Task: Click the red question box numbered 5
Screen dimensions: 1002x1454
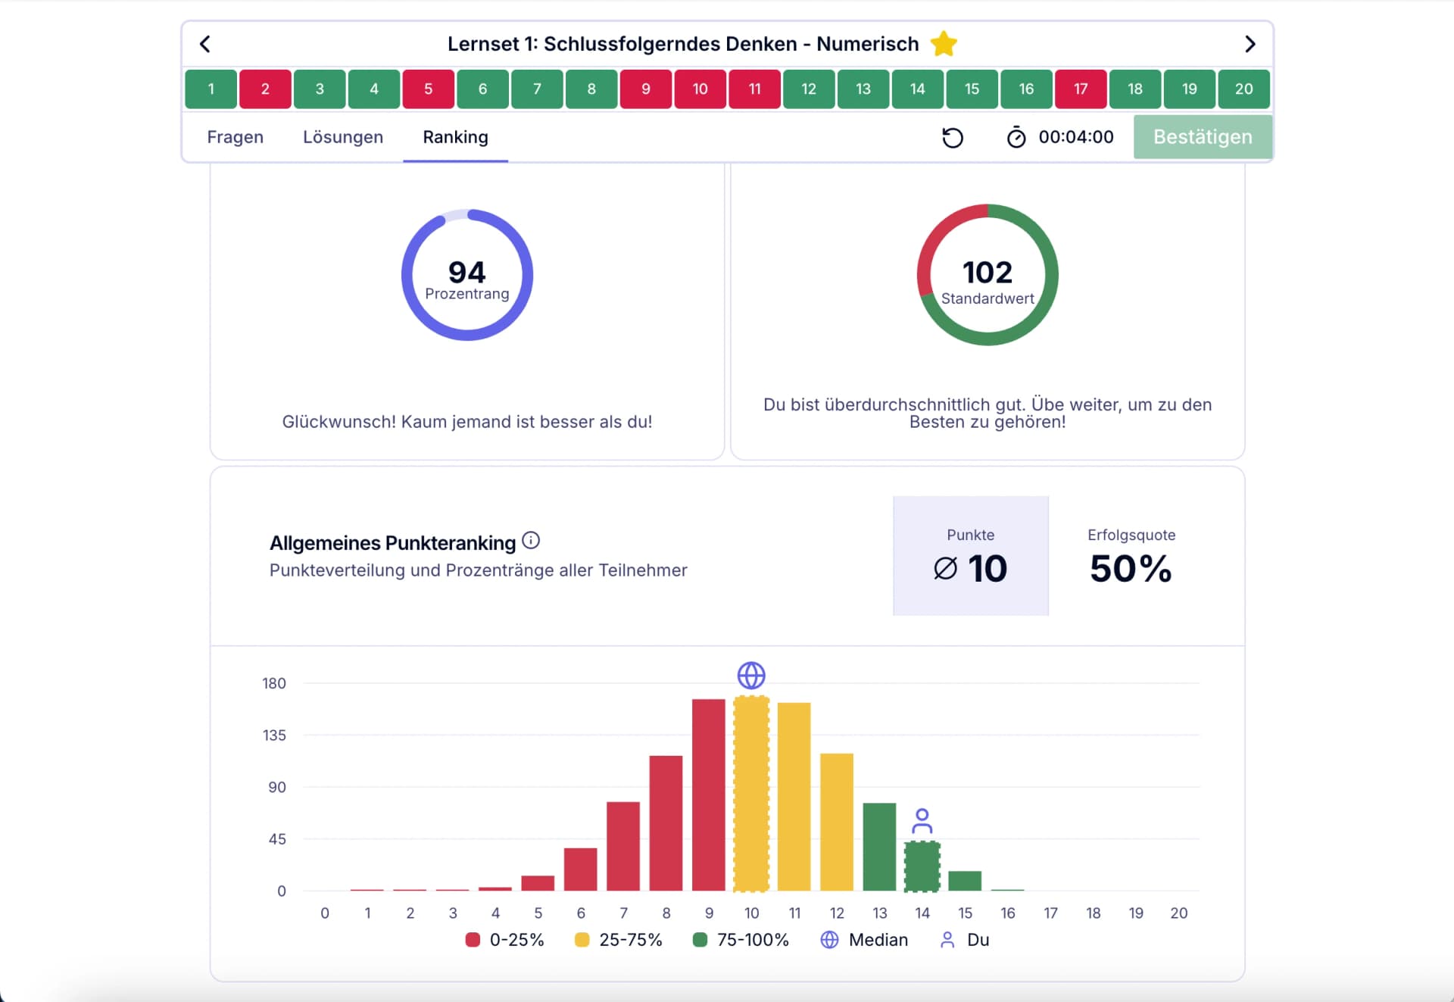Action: (428, 89)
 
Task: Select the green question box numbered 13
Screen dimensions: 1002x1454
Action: (863, 89)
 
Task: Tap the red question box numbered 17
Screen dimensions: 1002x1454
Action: (1080, 89)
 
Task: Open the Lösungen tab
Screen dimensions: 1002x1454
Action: (342, 137)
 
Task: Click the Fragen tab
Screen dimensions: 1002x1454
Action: (235, 137)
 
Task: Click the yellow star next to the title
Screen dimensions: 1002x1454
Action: (944, 44)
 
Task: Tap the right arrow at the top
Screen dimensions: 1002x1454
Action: (1250, 44)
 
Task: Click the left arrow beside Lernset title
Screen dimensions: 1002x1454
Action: (205, 44)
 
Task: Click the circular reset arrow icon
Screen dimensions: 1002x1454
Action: (952, 137)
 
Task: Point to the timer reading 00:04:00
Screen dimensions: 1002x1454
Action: (1075, 137)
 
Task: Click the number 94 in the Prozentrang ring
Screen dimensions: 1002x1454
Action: (466, 271)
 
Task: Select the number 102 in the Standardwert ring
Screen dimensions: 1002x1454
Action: (987, 272)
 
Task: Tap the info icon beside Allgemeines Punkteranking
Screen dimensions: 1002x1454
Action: (531, 540)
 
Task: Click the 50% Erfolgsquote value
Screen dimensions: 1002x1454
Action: (1130, 568)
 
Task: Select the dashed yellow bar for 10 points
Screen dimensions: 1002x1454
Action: (751, 793)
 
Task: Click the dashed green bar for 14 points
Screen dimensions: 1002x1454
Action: (922, 866)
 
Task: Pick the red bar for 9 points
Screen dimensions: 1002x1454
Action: (708, 794)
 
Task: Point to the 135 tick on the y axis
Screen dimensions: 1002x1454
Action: (274, 735)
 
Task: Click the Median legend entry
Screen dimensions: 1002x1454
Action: (864, 940)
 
